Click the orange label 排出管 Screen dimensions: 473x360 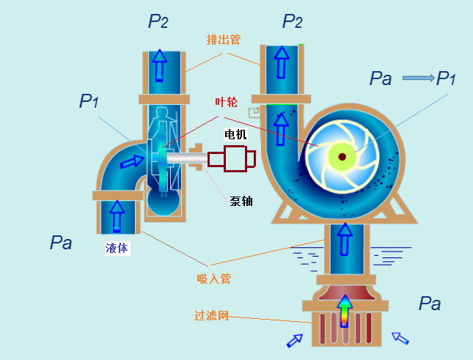click(x=224, y=40)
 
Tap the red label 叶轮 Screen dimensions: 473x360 click(x=226, y=102)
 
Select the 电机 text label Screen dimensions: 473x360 click(x=235, y=134)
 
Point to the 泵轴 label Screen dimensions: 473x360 click(x=241, y=201)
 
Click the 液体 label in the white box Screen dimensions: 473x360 click(x=117, y=248)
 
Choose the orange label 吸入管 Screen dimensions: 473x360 click(x=214, y=279)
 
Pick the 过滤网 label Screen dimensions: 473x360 click(x=211, y=315)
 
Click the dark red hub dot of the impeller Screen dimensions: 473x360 click(x=342, y=157)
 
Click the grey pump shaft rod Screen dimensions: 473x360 click(x=186, y=158)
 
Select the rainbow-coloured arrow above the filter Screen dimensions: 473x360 click(x=344, y=311)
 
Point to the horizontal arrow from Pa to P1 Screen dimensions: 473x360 click(x=419, y=78)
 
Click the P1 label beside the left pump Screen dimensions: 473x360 click(x=89, y=101)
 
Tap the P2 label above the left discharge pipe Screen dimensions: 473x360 click(x=158, y=21)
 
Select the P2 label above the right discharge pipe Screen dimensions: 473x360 click(x=292, y=21)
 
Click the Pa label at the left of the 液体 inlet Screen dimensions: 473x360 click(x=61, y=243)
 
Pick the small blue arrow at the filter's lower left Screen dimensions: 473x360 click(x=294, y=340)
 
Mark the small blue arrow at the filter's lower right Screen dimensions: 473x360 click(x=400, y=338)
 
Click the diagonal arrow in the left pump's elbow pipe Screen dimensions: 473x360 click(x=132, y=162)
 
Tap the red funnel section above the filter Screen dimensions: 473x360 click(x=347, y=293)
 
